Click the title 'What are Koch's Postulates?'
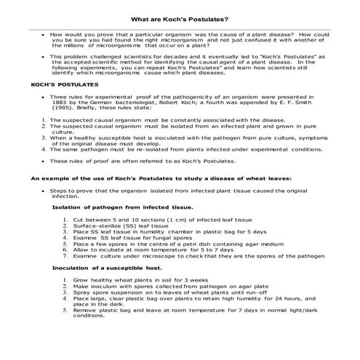click(x=180, y=19)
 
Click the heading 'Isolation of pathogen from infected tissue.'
click(x=123, y=207)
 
